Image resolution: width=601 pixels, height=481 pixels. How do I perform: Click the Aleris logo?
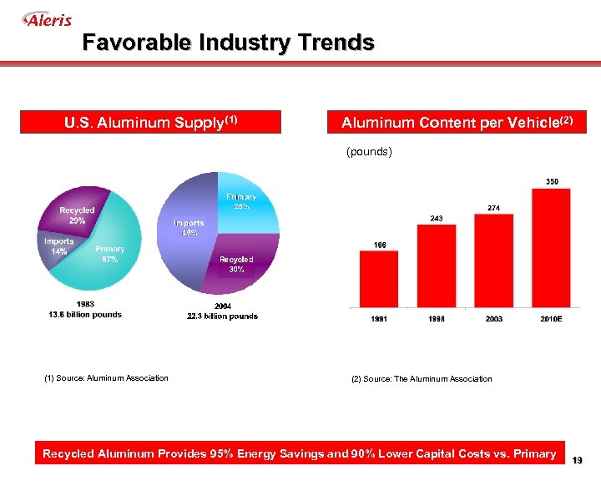click(48, 19)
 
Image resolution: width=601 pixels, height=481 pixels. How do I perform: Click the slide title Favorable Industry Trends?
click(228, 43)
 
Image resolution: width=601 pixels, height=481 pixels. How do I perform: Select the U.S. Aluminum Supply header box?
click(151, 123)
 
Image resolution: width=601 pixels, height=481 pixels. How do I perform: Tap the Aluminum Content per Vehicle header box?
click(457, 123)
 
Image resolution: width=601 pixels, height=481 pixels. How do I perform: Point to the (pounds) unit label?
click(369, 152)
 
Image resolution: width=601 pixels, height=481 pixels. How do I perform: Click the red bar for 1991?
click(379, 279)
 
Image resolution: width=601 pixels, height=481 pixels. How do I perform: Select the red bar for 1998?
click(437, 266)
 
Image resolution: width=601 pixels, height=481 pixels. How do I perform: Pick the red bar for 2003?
click(493, 261)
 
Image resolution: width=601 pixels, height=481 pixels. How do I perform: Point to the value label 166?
click(379, 244)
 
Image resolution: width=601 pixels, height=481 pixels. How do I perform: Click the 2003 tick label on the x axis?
click(493, 319)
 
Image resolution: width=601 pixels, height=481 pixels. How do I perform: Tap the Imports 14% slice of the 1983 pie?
click(60, 246)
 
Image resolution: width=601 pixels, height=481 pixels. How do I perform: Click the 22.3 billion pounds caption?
click(222, 316)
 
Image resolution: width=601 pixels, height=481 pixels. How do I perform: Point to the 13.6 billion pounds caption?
click(86, 315)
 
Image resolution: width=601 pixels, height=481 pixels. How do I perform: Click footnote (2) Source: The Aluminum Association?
click(422, 379)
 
